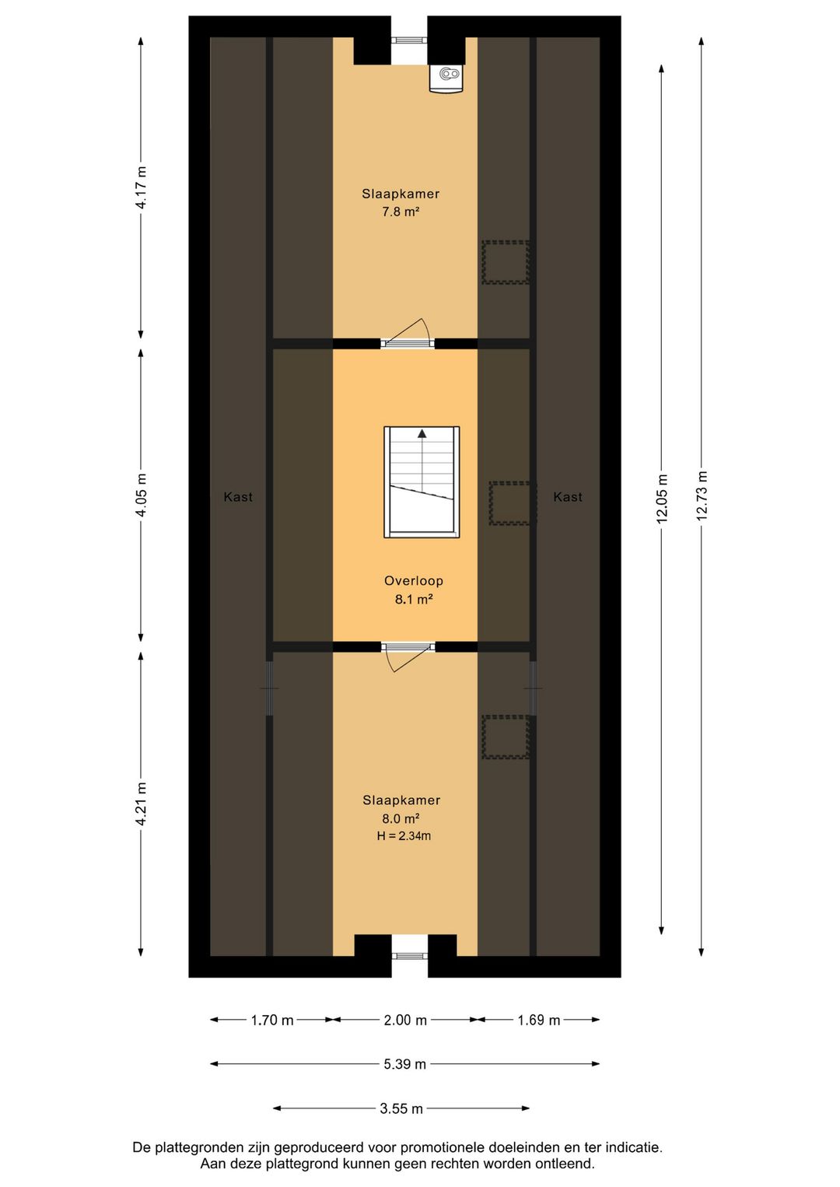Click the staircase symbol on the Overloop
pyautogui.click(x=422, y=482)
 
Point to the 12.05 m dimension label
pyautogui.click(x=661, y=499)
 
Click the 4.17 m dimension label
pyautogui.click(x=141, y=187)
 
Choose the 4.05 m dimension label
pyautogui.click(x=141, y=495)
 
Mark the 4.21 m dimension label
pyautogui.click(x=141, y=804)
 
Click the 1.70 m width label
pyautogui.click(x=272, y=1020)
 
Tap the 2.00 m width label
pyautogui.click(x=405, y=1020)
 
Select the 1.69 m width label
pyautogui.click(x=539, y=1020)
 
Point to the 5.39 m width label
pyautogui.click(x=405, y=1063)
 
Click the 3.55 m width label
pyautogui.click(x=401, y=1108)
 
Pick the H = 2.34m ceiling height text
pyautogui.click(x=404, y=836)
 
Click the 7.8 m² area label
pyautogui.click(x=401, y=212)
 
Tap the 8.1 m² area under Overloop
pyautogui.click(x=414, y=599)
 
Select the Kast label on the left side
pyautogui.click(x=238, y=497)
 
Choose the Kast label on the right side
pyautogui.click(x=568, y=497)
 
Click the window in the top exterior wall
pyautogui.click(x=409, y=40)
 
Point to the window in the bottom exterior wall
pyautogui.click(x=409, y=956)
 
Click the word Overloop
pyautogui.click(x=414, y=581)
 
